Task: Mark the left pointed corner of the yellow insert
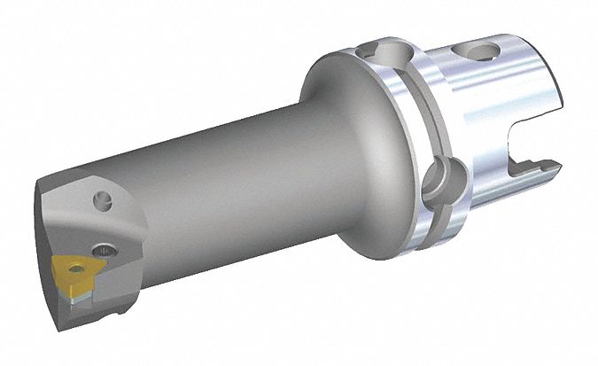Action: point(53,264)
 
